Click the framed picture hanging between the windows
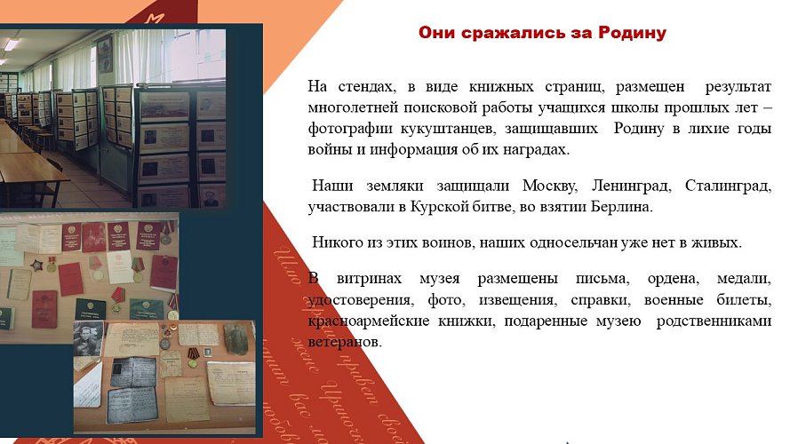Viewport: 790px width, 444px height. click(x=105, y=55)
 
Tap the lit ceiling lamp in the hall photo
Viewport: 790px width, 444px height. click(x=11, y=44)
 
